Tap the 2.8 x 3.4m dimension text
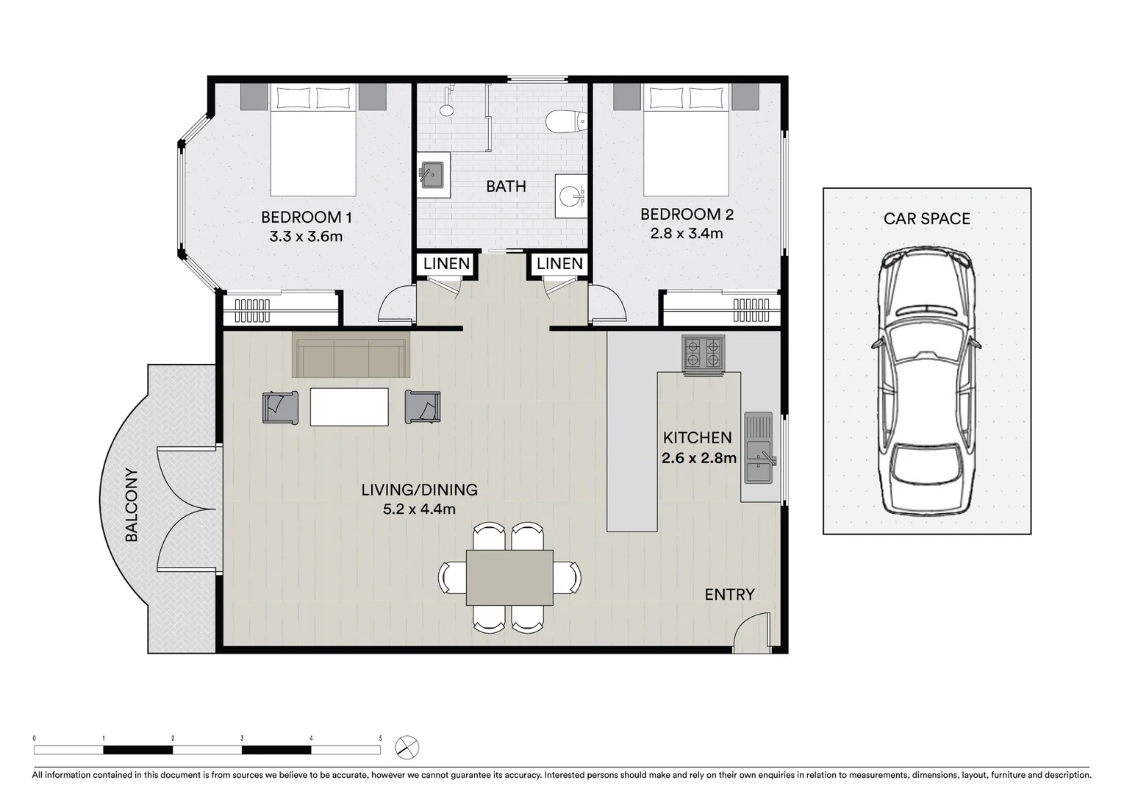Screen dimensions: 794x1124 pyautogui.click(x=686, y=233)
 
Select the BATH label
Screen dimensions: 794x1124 pyautogui.click(x=506, y=186)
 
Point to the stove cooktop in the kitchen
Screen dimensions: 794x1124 pyautogui.click(x=704, y=353)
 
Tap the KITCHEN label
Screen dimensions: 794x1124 pyautogui.click(x=697, y=437)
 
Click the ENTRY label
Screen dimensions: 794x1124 pyautogui.click(x=729, y=594)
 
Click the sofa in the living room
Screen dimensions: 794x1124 pyautogui.click(x=351, y=354)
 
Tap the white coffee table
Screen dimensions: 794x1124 pyautogui.click(x=349, y=407)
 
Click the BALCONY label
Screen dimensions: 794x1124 pyautogui.click(x=132, y=505)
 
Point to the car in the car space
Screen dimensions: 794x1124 pyautogui.click(x=926, y=381)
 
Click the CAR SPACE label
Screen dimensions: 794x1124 pyautogui.click(x=926, y=218)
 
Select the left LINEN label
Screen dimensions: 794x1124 pyautogui.click(x=446, y=263)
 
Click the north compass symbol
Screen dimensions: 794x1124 pyautogui.click(x=407, y=748)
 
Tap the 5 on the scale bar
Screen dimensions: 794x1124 pyautogui.click(x=380, y=738)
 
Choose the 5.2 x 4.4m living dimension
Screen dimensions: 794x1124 pyautogui.click(x=419, y=509)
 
